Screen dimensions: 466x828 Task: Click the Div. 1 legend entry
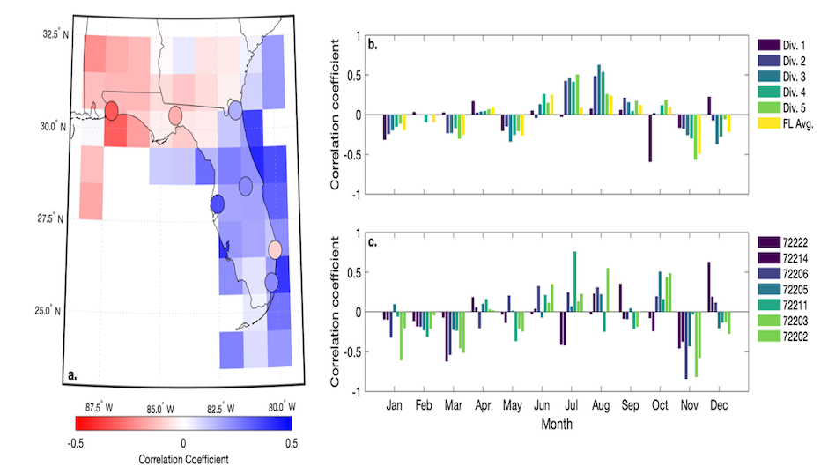[x=787, y=43]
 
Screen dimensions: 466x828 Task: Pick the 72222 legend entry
[x=787, y=240]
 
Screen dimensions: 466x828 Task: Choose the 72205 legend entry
[x=787, y=288]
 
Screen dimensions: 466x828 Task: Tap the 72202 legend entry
[x=787, y=337]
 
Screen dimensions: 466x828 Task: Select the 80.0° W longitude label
[x=276, y=406]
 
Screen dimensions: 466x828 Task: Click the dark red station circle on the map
[x=111, y=111]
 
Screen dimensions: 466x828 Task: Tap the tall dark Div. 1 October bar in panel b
[x=650, y=138]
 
